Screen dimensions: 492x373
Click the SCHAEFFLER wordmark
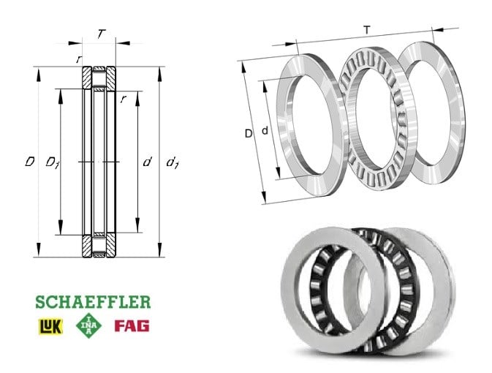pyautogui.click(x=93, y=302)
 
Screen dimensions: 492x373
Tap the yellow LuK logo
pyautogui.click(x=50, y=326)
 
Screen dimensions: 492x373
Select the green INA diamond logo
pyautogui.click(x=88, y=325)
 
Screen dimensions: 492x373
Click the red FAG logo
pyautogui.click(x=132, y=326)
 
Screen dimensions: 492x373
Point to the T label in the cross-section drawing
pyautogui.click(x=101, y=34)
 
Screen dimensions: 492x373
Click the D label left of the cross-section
pyautogui.click(x=30, y=162)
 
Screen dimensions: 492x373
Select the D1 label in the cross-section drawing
pyautogui.click(x=53, y=162)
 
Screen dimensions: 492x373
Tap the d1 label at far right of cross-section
pyautogui.click(x=173, y=162)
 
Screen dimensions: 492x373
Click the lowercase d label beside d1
pyautogui.click(x=147, y=162)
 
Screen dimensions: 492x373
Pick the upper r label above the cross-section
pyautogui.click(x=79, y=59)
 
